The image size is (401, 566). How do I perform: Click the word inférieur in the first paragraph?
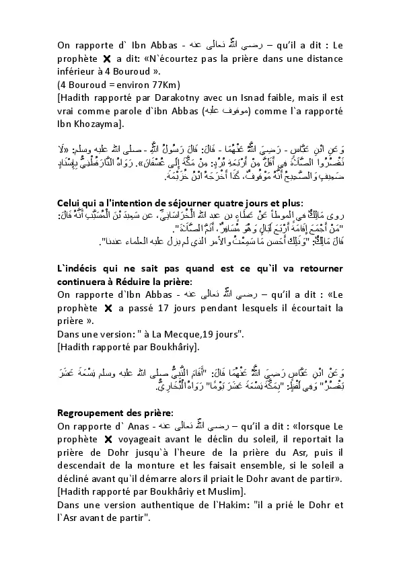[x=79, y=73]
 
